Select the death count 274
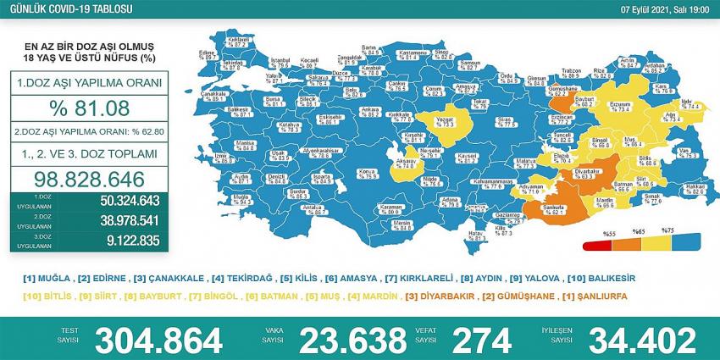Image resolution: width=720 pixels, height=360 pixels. point(482,340)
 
